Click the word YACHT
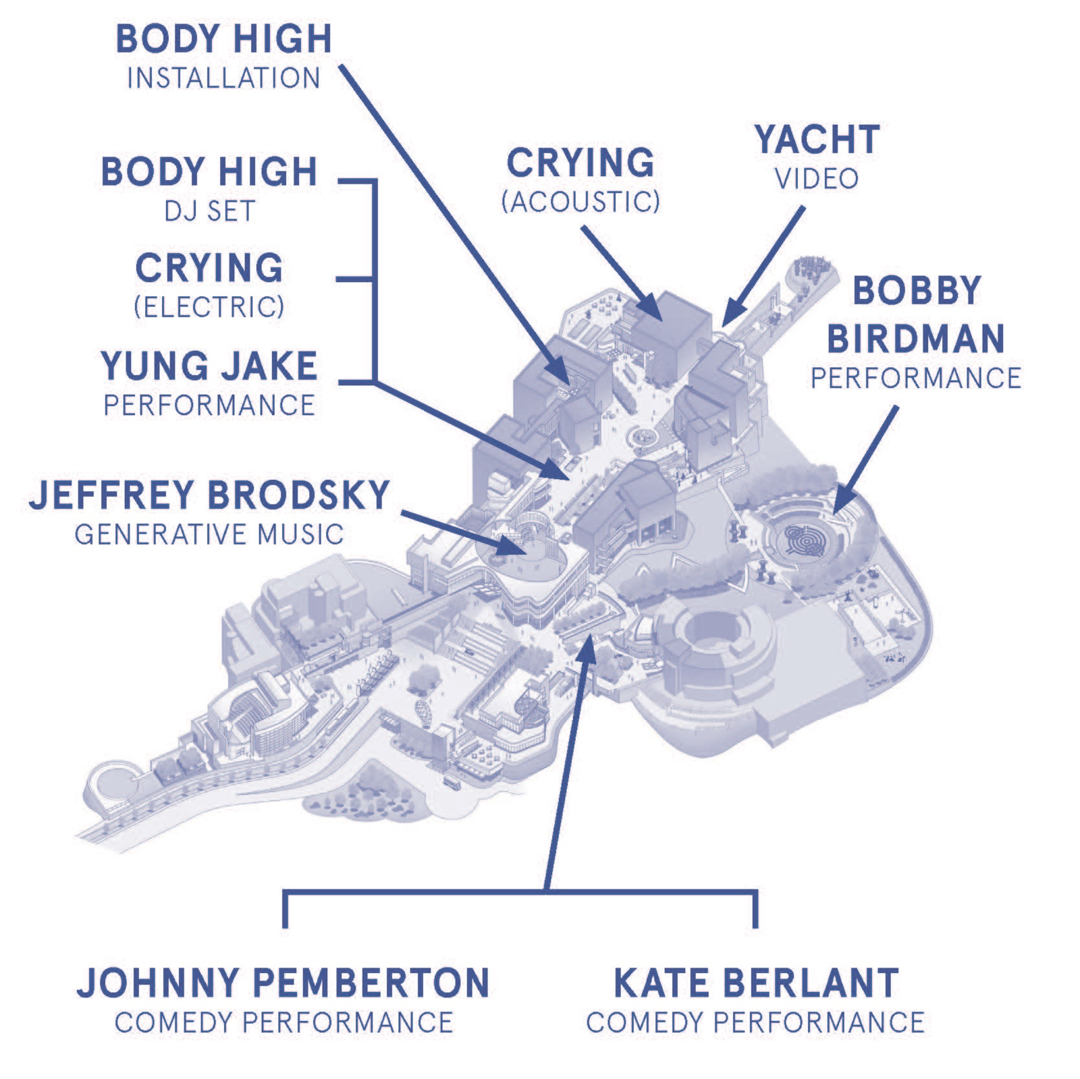click(817, 140)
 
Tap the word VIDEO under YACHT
click(817, 179)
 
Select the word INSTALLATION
click(223, 78)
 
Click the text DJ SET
click(209, 211)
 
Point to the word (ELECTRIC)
click(209, 307)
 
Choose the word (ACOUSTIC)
click(580, 201)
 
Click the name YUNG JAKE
click(209, 366)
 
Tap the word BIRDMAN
click(916, 339)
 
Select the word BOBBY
click(917, 291)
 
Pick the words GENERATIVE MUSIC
click(209, 534)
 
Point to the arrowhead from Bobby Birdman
click(840, 505)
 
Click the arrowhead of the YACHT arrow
click(729, 318)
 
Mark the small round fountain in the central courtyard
click(643, 437)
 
